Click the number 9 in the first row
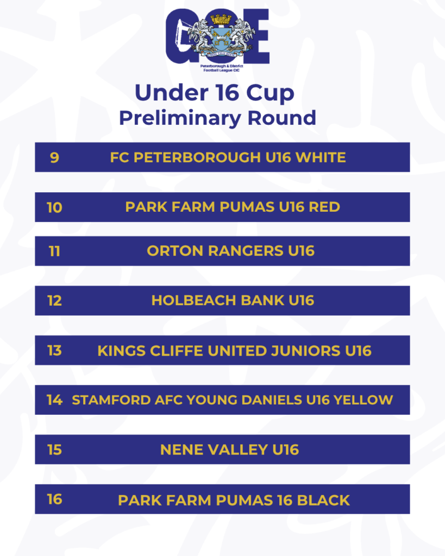(x=54, y=157)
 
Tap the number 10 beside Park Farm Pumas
(x=55, y=207)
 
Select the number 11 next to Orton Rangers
(x=54, y=251)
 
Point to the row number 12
(x=55, y=301)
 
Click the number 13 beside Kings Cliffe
(x=55, y=350)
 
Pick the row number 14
(x=55, y=400)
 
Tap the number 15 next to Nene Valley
(x=55, y=450)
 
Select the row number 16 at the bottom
(x=55, y=500)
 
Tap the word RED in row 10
(x=324, y=207)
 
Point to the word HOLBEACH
(x=194, y=301)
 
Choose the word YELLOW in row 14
(x=363, y=400)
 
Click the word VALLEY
(x=238, y=450)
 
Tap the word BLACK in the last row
(x=323, y=500)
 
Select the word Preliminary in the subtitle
(x=180, y=118)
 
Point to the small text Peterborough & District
(x=222, y=66)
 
